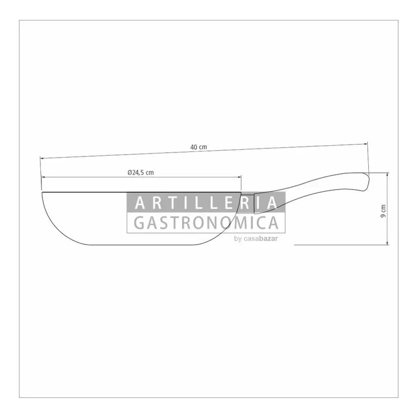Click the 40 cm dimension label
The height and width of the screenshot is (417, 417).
pyautogui.click(x=198, y=147)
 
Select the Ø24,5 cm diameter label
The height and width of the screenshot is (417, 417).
pyautogui.click(x=141, y=172)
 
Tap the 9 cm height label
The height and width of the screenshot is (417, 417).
pyautogui.click(x=383, y=211)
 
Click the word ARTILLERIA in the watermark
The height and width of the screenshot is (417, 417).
pyautogui.click(x=206, y=203)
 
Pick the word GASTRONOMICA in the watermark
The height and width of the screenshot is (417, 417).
pyautogui.click(x=206, y=223)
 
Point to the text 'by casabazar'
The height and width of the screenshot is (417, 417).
pyautogui.click(x=256, y=239)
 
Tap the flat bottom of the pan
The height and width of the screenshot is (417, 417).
pyautogui.click(x=143, y=245)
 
